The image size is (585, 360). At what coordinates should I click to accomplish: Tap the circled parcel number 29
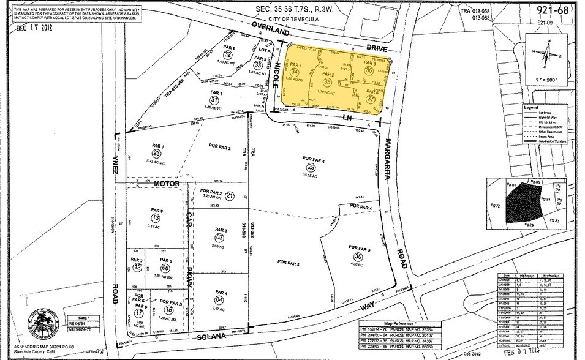pos(311,167)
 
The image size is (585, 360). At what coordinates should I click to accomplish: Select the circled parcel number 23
pos(157,153)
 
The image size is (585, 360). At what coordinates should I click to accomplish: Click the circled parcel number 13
pos(156,218)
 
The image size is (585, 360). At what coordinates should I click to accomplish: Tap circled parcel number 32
pos(228,55)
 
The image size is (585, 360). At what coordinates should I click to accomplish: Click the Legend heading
pos(530,107)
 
